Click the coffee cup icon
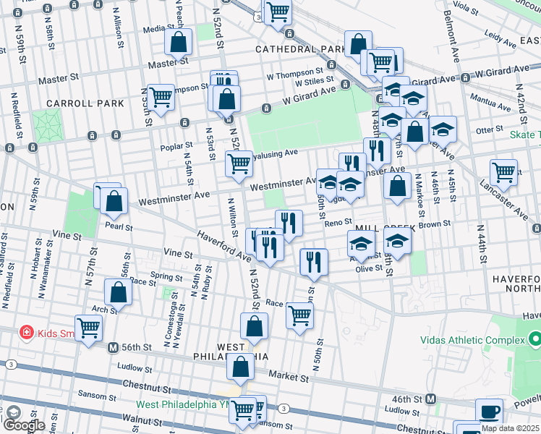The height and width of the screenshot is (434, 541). (489, 411)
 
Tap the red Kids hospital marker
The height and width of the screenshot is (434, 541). (27, 333)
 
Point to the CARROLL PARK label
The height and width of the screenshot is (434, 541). (85, 103)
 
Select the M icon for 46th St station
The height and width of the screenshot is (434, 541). (430, 399)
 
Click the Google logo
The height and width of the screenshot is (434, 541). (24, 424)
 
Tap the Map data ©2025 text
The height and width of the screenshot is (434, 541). (510, 428)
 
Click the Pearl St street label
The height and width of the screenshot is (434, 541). (119, 226)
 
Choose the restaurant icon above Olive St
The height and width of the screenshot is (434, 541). (314, 261)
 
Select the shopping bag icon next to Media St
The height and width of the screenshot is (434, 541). (178, 43)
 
